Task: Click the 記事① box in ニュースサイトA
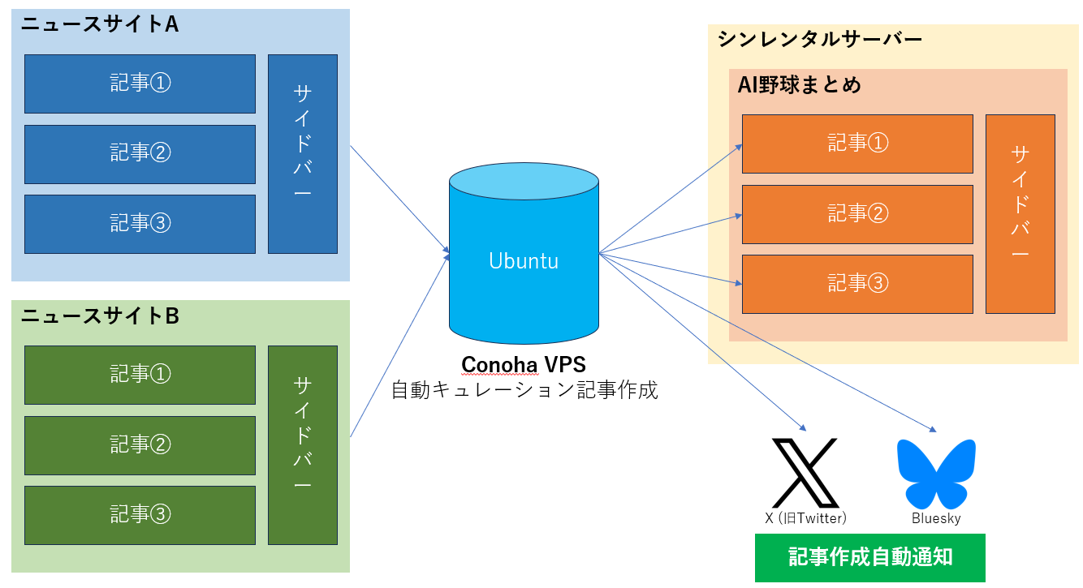pos(140,84)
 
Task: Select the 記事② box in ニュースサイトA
pos(140,153)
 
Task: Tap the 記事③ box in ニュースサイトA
pos(140,223)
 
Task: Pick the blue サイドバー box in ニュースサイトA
pos(302,153)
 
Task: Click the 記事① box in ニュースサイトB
pos(140,374)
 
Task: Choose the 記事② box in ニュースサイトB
pos(140,444)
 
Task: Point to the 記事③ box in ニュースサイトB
pos(140,514)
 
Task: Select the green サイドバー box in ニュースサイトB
pos(302,444)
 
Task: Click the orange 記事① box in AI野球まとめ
pos(857,144)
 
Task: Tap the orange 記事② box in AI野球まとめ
pos(857,214)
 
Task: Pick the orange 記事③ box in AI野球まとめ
pos(857,284)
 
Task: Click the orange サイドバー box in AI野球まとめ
pos(1020,214)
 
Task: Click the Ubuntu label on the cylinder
pos(524,261)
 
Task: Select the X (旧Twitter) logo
pos(805,472)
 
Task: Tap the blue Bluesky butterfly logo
pos(935,474)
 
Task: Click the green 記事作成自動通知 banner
pos(869,557)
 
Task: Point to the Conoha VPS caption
pos(524,365)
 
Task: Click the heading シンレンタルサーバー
pos(820,39)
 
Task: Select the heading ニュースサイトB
pos(100,316)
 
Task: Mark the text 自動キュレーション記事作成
pos(524,390)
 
